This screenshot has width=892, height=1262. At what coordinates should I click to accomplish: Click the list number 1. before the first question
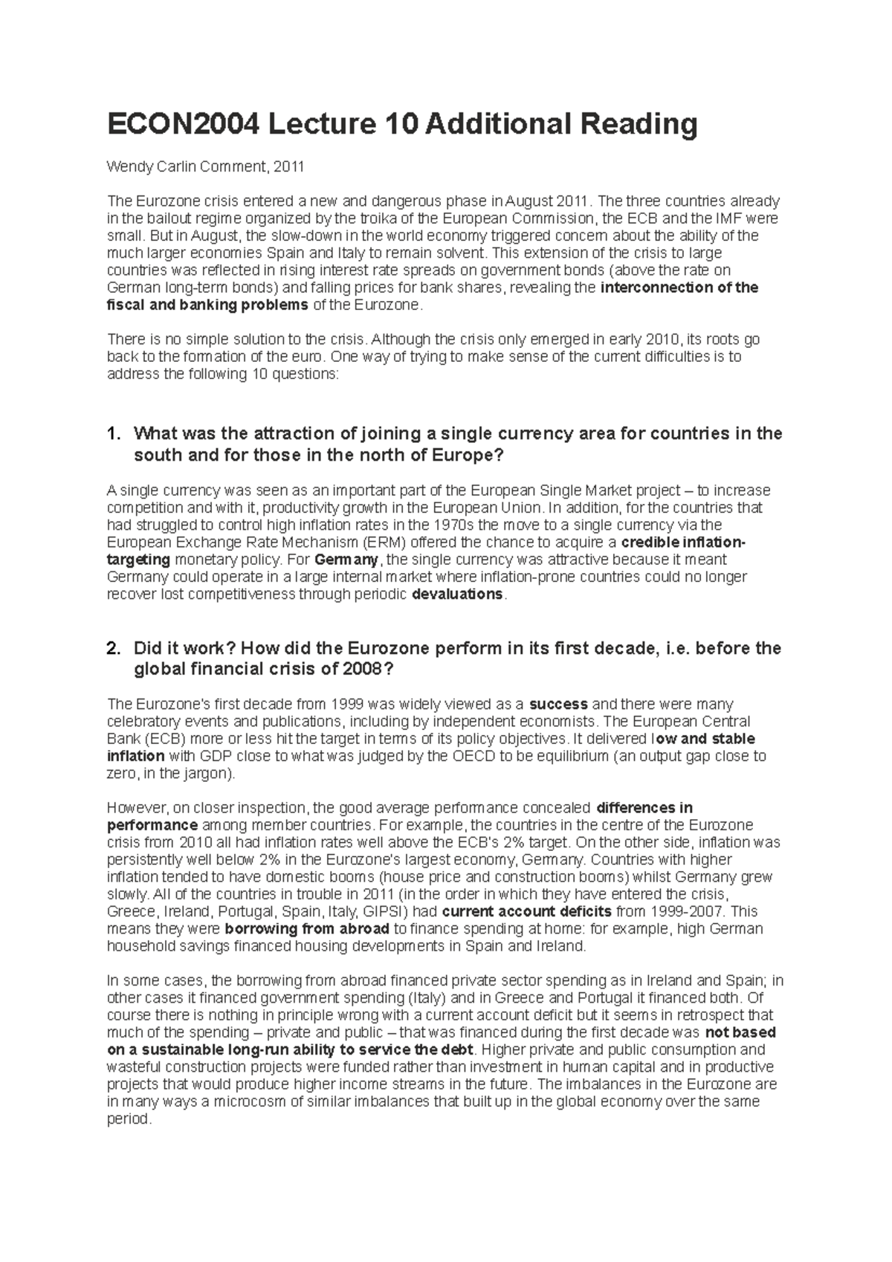point(114,433)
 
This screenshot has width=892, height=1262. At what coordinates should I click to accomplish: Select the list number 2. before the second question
point(114,648)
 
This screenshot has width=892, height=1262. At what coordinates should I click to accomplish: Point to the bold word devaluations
point(457,595)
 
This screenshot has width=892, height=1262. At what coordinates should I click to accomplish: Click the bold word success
point(558,704)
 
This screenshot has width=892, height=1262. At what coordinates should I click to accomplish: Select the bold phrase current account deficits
point(526,912)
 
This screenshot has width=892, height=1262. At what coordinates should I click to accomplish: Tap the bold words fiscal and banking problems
point(207,305)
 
